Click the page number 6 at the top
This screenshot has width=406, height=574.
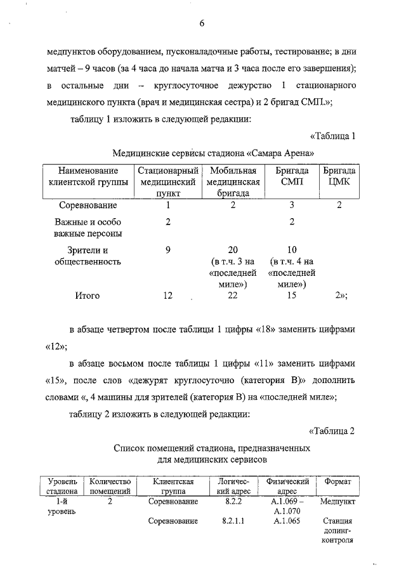point(201,24)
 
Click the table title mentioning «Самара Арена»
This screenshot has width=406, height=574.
point(213,153)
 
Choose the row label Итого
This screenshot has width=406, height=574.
point(88,296)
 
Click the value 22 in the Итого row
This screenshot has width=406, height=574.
point(232,296)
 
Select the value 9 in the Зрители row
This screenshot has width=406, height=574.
point(168,250)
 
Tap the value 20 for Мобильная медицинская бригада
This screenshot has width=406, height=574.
point(232,250)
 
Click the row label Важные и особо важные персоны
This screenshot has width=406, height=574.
point(88,228)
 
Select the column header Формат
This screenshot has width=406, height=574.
point(337,481)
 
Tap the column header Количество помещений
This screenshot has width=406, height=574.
point(110,486)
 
